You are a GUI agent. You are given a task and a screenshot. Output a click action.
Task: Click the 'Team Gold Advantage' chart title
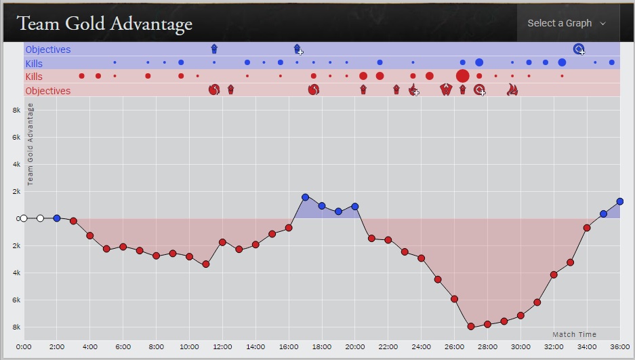click(x=105, y=24)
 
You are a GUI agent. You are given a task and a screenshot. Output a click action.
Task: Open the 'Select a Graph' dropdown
click(x=567, y=23)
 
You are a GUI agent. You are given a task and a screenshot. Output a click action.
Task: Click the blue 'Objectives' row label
click(x=48, y=49)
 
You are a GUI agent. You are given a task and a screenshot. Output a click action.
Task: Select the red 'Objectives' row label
click(x=48, y=91)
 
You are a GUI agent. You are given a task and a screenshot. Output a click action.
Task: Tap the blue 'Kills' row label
click(x=34, y=64)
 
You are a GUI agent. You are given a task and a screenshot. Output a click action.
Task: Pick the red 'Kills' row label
click(x=34, y=77)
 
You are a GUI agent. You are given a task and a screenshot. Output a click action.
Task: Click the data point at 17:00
click(x=305, y=197)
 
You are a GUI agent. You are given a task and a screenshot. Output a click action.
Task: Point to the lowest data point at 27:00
click(x=471, y=326)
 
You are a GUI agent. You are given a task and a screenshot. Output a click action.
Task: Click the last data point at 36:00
click(x=620, y=201)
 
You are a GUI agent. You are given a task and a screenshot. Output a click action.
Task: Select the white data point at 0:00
click(x=24, y=218)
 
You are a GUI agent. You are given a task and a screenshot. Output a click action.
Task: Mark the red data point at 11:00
click(x=206, y=264)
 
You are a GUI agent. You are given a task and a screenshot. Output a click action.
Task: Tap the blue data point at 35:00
click(x=603, y=214)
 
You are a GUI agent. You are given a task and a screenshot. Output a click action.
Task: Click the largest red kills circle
click(x=463, y=76)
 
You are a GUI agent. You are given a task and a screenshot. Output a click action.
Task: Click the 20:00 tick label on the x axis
click(x=354, y=347)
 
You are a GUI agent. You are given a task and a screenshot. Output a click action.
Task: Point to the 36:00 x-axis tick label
click(x=619, y=347)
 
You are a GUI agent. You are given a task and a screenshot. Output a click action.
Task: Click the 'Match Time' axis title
click(x=574, y=334)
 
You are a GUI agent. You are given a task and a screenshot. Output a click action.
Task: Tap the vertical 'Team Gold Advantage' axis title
click(x=30, y=144)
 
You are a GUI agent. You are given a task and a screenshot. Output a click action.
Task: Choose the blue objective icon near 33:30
click(x=579, y=49)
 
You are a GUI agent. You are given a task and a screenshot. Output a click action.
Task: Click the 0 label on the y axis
click(x=18, y=218)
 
